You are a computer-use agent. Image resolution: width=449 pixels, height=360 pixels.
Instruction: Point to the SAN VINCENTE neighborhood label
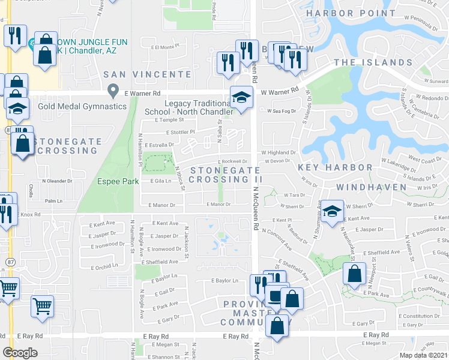[x=147, y=74]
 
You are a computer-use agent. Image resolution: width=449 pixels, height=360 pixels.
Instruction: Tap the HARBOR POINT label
[x=342, y=13]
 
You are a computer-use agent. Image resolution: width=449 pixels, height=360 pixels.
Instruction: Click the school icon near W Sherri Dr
[x=332, y=211]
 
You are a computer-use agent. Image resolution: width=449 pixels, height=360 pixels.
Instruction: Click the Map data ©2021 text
[x=424, y=355]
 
